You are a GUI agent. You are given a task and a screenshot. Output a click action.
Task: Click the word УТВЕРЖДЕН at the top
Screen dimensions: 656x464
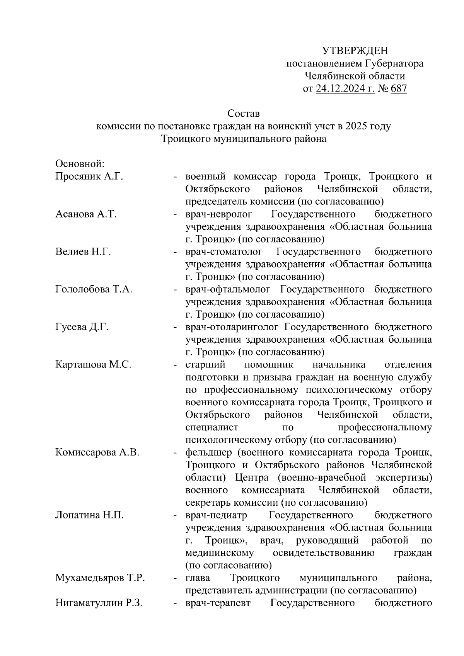(x=355, y=51)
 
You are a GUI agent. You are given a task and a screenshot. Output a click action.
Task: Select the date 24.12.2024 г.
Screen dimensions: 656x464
(x=345, y=89)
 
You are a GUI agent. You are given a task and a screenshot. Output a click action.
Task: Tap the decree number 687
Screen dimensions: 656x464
(x=399, y=89)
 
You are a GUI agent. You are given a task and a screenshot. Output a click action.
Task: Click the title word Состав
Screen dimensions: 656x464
(x=244, y=114)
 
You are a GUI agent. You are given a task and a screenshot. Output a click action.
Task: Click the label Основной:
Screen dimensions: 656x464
(x=80, y=164)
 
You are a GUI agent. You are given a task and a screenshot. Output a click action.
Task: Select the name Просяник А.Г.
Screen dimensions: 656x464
(x=89, y=177)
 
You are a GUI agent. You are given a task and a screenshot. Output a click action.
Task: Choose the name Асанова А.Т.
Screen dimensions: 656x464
(x=86, y=214)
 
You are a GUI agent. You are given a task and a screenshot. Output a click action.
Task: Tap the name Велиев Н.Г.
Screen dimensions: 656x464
(x=83, y=252)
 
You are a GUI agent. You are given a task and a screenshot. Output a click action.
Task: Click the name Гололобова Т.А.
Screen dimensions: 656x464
(x=94, y=289)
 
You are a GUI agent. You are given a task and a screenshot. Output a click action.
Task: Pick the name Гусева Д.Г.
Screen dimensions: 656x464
(x=82, y=327)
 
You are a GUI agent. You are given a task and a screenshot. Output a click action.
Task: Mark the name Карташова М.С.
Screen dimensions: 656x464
(x=93, y=365)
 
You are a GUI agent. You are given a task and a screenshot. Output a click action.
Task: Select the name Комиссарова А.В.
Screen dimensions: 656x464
(x=97, y=452)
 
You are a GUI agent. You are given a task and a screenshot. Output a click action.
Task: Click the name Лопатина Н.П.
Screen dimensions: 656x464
(x=89, y=515)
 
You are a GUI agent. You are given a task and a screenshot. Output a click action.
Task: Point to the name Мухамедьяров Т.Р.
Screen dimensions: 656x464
(x=100, y=578)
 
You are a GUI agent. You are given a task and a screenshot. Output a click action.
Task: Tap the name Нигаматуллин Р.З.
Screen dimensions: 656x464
(x=99, y=603)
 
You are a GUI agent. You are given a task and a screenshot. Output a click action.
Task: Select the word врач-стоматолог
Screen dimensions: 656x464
(x=224, y=252)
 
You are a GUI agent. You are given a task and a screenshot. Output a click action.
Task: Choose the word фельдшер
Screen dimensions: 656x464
(x=209, y=452)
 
